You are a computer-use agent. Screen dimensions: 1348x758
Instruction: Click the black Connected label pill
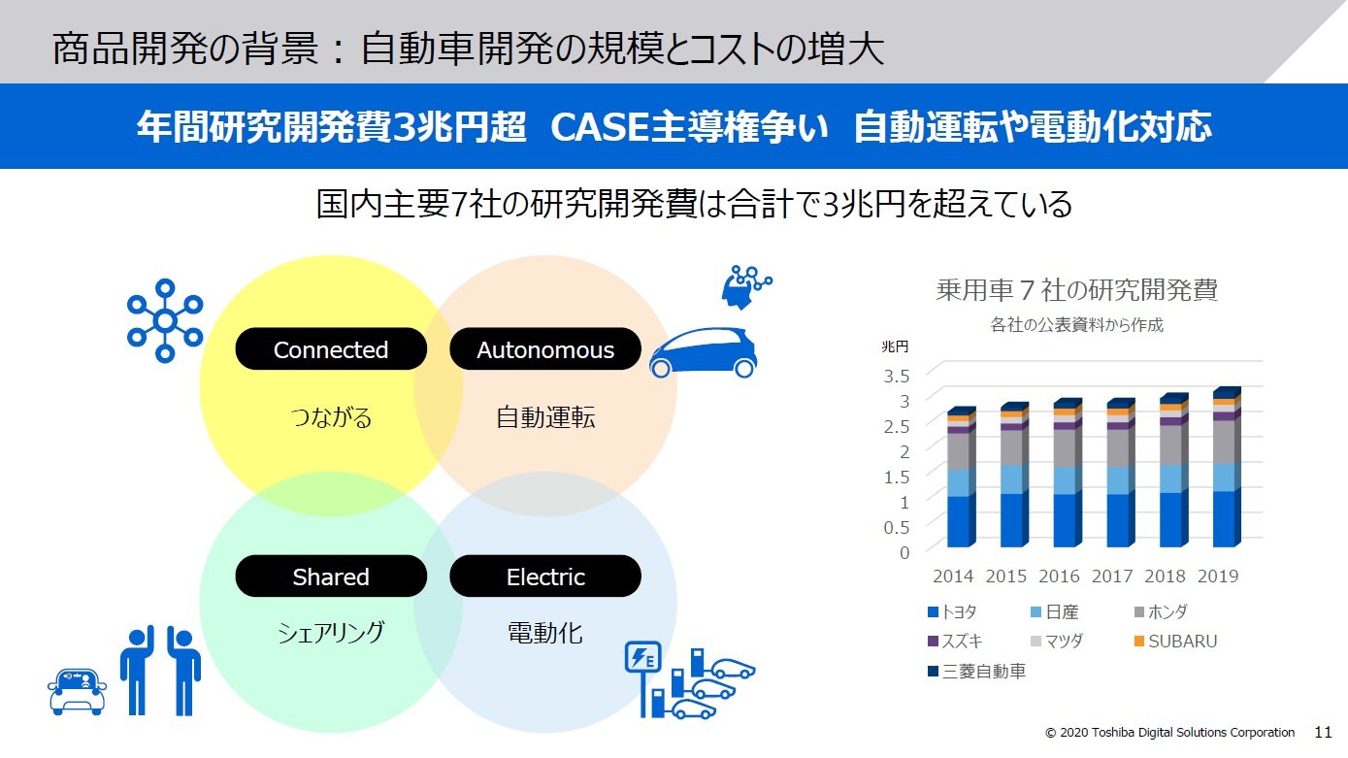[x=331, y=348]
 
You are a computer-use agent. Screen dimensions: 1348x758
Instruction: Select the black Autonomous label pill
[x=545, y=348]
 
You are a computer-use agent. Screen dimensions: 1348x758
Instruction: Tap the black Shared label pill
[x=331, y=577]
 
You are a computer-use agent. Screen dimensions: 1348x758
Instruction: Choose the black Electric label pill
[x=545, y=577]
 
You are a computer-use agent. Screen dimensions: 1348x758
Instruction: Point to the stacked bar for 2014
[x=961, y=477]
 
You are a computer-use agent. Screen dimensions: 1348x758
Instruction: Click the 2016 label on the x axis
[x=1059, y=577]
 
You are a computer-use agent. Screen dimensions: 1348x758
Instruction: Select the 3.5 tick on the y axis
[x=896, y=376]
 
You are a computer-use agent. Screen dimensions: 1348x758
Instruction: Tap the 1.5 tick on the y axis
[x=896, y=477]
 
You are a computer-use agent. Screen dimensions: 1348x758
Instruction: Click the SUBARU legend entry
[x=1175, y=642]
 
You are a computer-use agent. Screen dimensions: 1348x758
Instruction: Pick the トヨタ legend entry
[x=952, y=611]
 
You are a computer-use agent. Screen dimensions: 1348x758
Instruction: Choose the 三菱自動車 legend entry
[x=976, y=671]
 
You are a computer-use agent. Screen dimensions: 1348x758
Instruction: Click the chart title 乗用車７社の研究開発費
[x=1076, y=289]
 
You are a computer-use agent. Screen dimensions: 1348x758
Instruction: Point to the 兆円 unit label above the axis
[x=895, y=346]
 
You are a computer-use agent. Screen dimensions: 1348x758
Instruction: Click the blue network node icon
[x=165, y=320]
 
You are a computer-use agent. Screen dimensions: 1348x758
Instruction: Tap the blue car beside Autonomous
[x=703, y=353]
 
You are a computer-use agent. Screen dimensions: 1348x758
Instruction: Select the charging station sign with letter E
[x=642, y=657]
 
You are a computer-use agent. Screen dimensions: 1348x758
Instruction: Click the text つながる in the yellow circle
[x=331, y=416]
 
